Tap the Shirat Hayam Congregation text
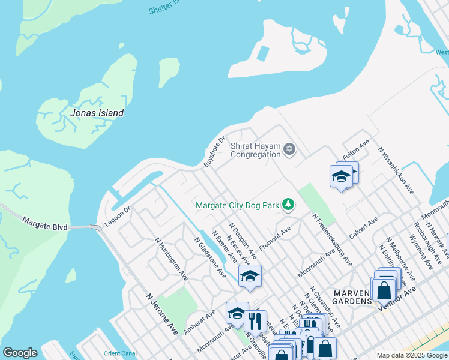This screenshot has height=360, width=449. [256, 149]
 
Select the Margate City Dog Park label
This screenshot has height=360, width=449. [238, 205]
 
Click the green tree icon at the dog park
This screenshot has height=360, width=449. [289, 205]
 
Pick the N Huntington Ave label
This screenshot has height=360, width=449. [171, 258]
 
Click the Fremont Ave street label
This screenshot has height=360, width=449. [275, 238]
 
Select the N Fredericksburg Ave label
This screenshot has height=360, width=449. [331, 239]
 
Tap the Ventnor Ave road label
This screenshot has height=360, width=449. [396, 298]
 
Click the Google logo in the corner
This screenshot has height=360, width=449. [20, 353]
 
